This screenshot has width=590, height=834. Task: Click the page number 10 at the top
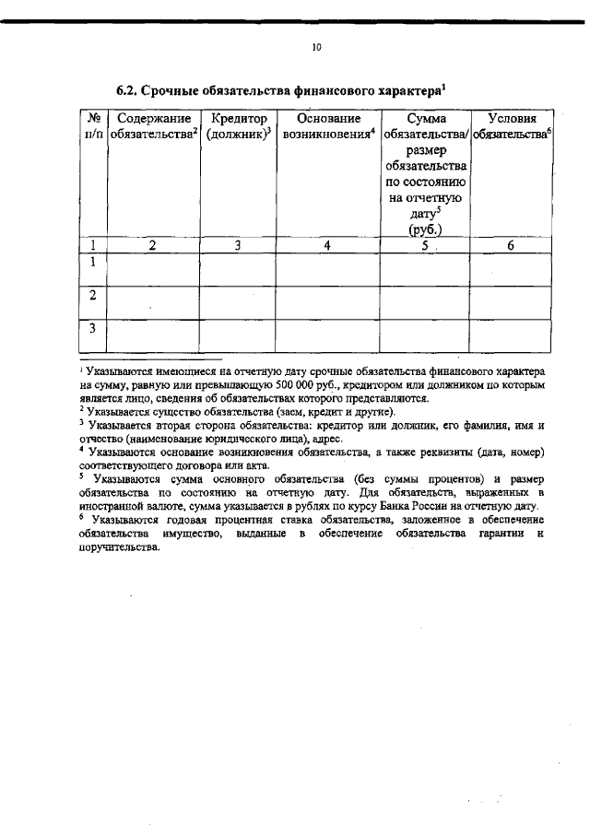tap(317, 47)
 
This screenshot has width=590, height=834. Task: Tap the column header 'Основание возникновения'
tap(327, 126)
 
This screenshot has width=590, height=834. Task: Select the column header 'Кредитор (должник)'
tap(238, 126)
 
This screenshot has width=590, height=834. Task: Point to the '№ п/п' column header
tap(93, 126)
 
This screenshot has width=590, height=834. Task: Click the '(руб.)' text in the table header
tap(424, 230)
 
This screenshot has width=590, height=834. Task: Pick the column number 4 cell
tap(327, 245)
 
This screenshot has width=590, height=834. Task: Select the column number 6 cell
tap(511, 245)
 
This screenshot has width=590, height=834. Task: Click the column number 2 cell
tap(153, 245)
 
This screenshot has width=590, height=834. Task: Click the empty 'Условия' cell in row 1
tap(511, 268)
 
